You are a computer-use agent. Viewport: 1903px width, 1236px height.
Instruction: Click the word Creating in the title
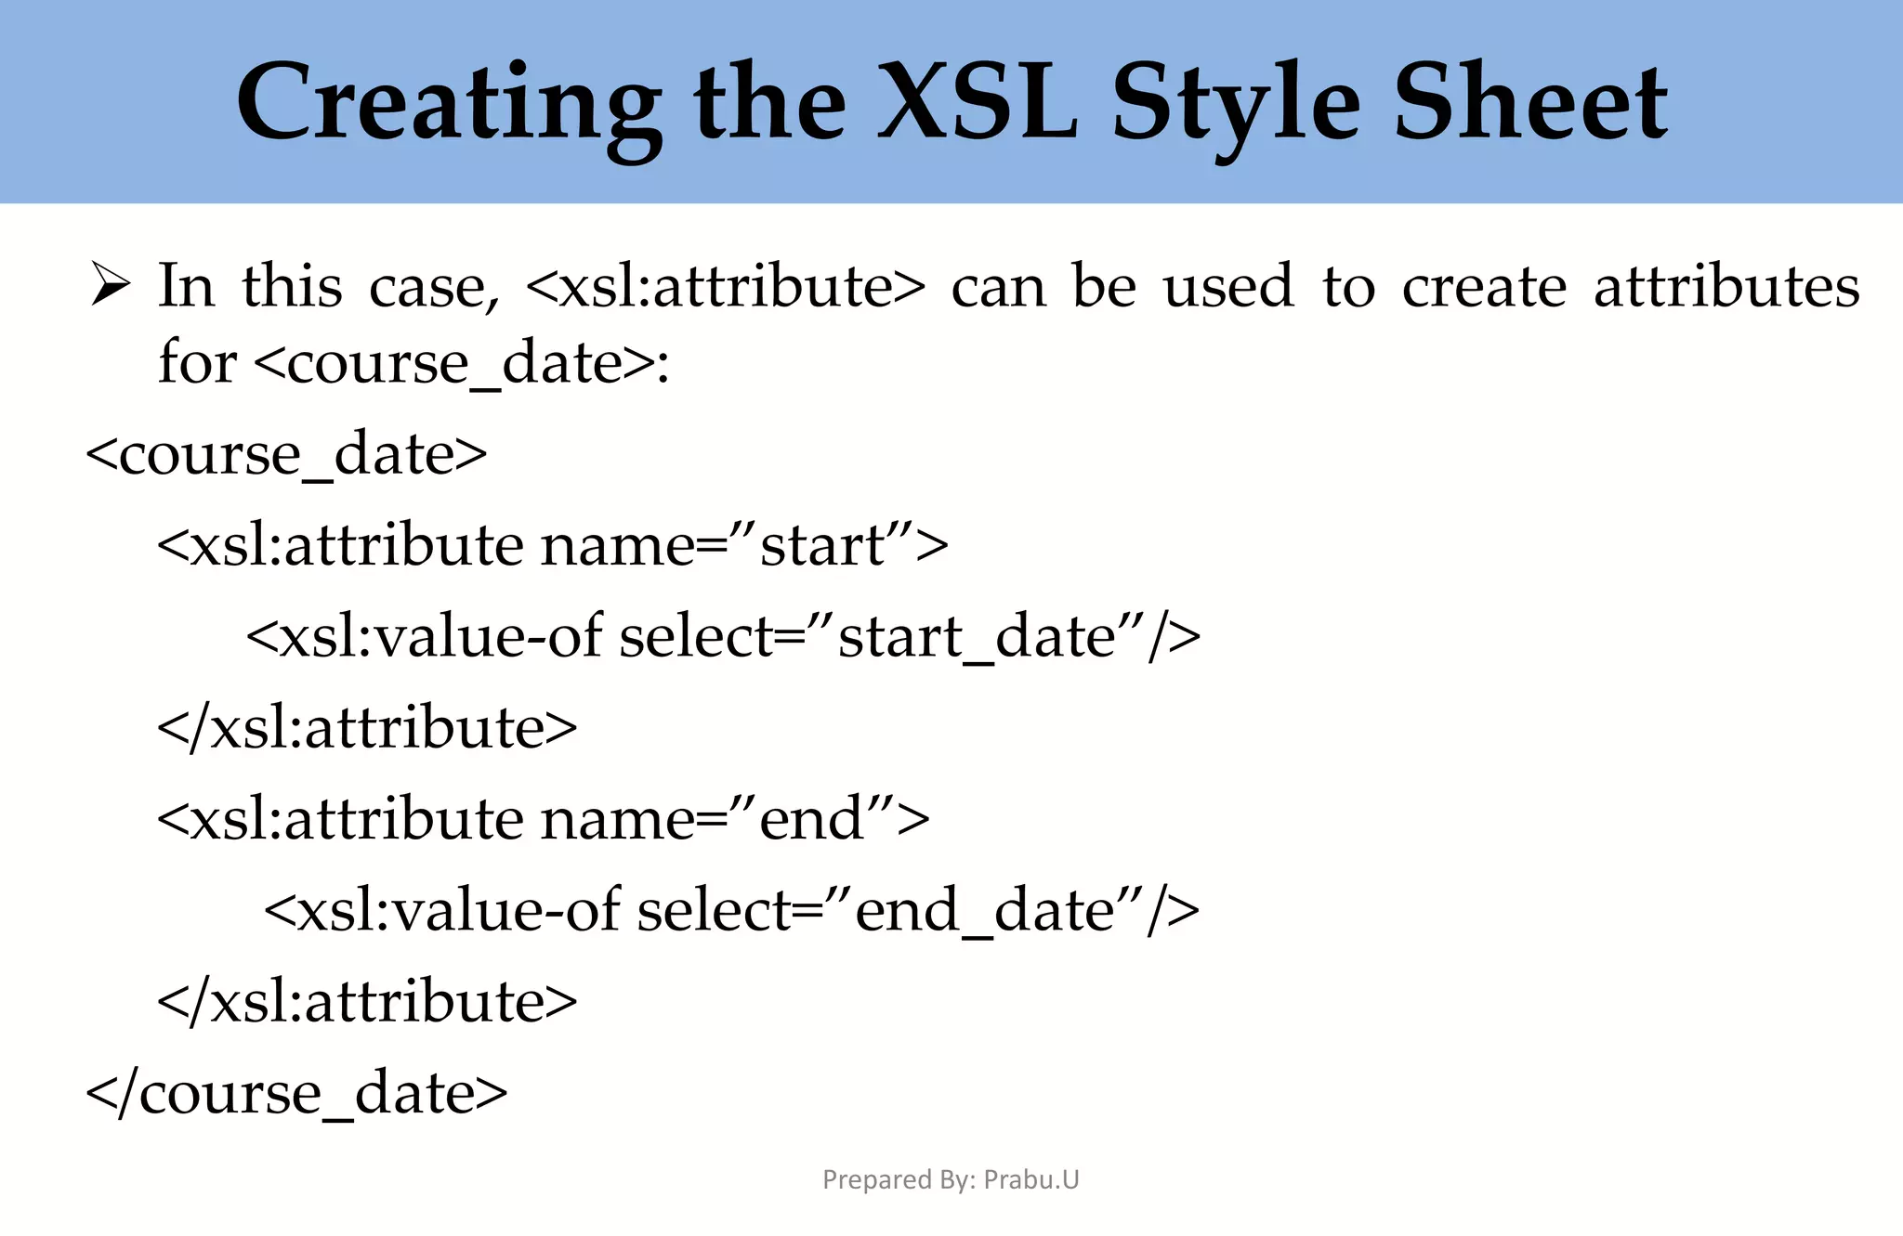(x=449, y=104)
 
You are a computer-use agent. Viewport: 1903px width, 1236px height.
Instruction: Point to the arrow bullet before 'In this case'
(x=111, y=284)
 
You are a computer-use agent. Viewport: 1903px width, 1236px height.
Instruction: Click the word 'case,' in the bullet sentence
(x=434, y=286)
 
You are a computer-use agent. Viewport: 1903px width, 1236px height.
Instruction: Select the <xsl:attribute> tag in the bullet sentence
(x=725, y=286)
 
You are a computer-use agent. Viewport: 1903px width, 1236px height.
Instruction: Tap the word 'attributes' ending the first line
(x=1726, y=286)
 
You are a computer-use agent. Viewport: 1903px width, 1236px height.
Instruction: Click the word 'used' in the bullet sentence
(x=1228, y=286)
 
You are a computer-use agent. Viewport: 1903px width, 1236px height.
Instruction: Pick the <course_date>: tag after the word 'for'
(x=461, y=362)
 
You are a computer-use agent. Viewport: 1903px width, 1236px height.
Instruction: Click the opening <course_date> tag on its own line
(x=286, y=454)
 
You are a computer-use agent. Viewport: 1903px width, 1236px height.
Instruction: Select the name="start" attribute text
(x=743, y=545)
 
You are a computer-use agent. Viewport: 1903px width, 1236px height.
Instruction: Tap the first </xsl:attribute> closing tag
(x=367, y=727)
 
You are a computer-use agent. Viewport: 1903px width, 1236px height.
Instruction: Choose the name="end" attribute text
(x=734, y=819)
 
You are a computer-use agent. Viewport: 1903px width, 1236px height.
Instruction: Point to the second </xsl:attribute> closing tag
(x=367, y=1001)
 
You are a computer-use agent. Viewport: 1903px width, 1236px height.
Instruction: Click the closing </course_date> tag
(x=296, y=1093)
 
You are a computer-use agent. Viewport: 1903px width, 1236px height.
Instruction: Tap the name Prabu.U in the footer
(x=1031, y=1179)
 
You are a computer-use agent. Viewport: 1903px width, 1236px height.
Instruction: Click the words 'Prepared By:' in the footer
(x=899, y=1179)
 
